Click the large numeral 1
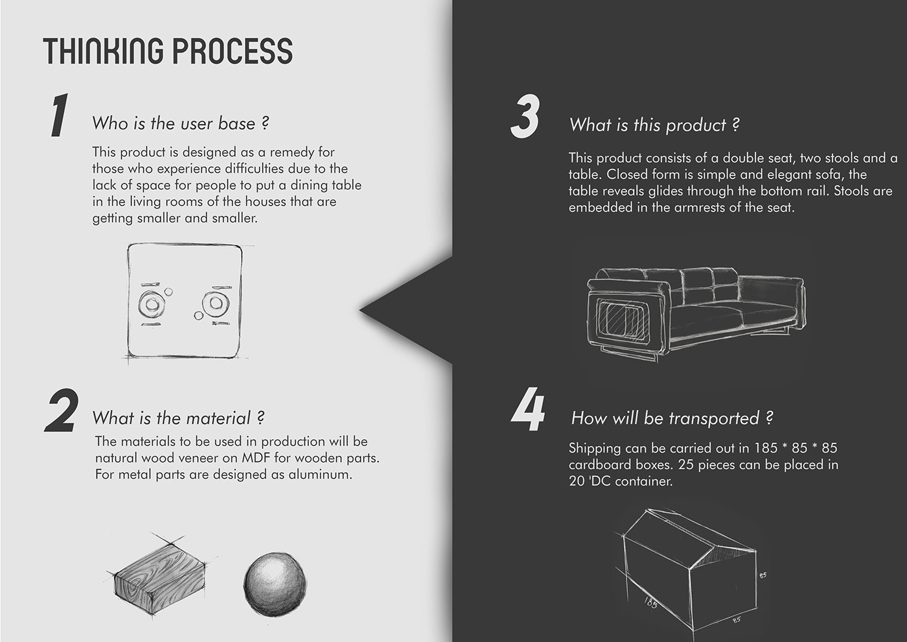[59, 115]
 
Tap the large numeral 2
[62, 410]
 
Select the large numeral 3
[525, 116]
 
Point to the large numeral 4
[527, 410]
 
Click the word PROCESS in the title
[233, 51]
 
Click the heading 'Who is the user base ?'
[181, 123]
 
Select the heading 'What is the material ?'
[179, 418]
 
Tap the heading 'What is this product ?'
[654, 125]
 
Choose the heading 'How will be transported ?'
[672, 418]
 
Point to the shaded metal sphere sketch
[275, 583]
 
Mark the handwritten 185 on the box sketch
[650, 604]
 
